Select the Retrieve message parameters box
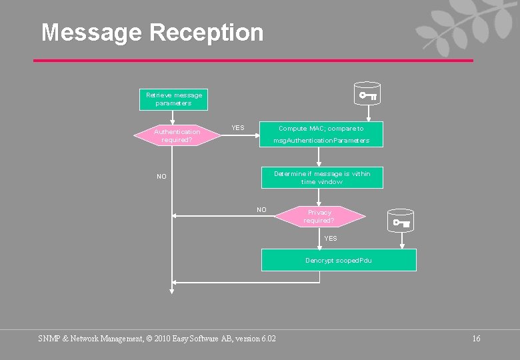[x=173, y=99]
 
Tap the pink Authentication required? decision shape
[x=177, y=135]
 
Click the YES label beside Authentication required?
[x=237, y=127]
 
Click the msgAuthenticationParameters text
[x=321, y=141]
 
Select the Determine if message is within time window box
[x=321, y=177]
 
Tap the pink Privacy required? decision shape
[x=319, y=216]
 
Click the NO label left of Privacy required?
[x=261, y=210]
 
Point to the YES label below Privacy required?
[x=330, y=238]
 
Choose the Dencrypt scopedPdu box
[x=339, y=260]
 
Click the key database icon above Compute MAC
[x=367, y=94]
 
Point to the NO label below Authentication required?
[x=161, y=177]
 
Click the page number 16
[x=476, y=339]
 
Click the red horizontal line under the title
[x=253, y=61]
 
